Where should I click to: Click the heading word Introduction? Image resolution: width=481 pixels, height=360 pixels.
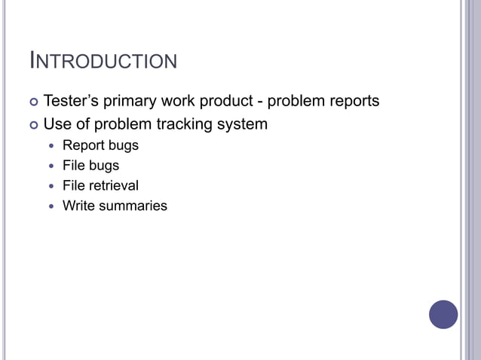coord(103,60)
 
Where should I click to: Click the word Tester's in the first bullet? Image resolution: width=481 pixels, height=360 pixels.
coord(72,101)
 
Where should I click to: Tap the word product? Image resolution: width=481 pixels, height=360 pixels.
coord(224,101)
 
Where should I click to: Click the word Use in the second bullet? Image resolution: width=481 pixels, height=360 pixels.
coord(57,124)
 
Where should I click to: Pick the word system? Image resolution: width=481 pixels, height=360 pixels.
coord(242,124)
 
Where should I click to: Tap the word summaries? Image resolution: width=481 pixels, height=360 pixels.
coord(135,206)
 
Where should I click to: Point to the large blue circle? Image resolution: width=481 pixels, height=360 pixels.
coord(443,314)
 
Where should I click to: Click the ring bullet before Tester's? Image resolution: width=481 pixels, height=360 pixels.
coord(33,102)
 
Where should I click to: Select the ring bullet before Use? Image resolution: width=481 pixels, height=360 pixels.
coord(33,124)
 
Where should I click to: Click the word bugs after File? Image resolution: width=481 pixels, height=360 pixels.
coord(104,166)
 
